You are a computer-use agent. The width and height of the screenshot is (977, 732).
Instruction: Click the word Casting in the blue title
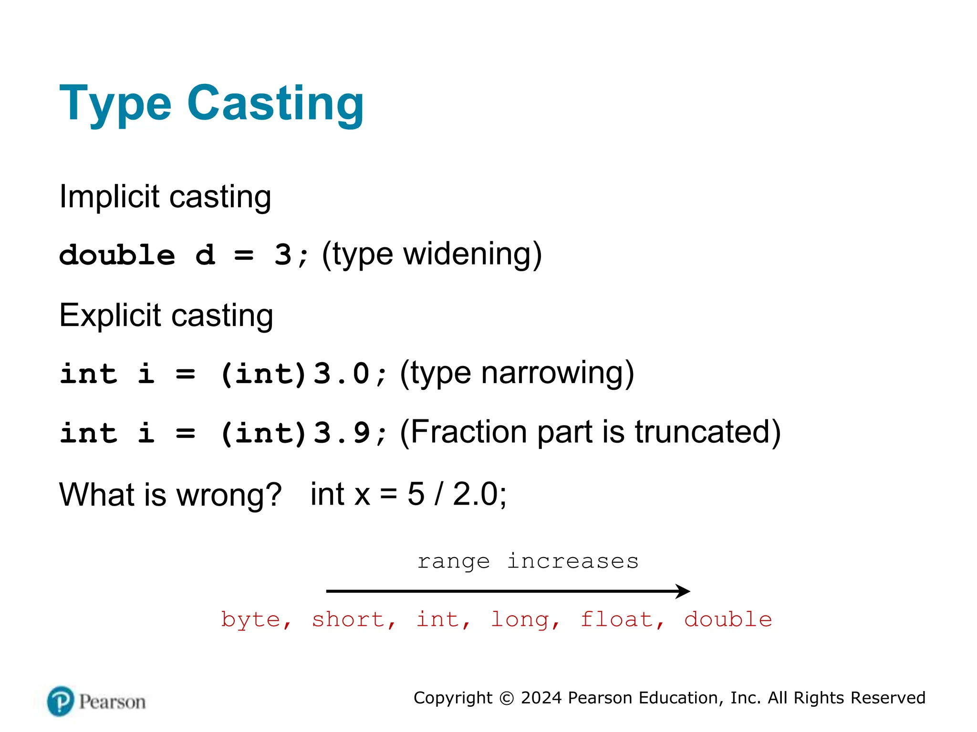[275, 103]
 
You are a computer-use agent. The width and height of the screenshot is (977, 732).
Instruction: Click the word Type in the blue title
[115, 104]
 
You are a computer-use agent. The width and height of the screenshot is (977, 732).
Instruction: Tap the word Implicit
[109, 196]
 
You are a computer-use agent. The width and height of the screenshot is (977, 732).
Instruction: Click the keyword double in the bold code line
[117, 255]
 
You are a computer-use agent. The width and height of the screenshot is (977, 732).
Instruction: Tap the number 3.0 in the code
[342, 374]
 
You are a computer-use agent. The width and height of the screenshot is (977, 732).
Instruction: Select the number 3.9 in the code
[342, 433]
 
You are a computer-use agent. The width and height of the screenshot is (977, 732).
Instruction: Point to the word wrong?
[229, 495]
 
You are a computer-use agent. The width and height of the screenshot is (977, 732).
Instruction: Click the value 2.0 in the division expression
[475, 494]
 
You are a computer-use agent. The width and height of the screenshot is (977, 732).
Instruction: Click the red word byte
[250, 620]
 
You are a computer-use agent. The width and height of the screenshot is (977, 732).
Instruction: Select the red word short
[348, 620]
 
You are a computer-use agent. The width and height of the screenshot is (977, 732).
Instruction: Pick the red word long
[520, 620]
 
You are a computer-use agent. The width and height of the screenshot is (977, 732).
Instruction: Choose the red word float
[616, 620]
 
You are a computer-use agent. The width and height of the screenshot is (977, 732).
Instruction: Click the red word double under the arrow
[728, 620]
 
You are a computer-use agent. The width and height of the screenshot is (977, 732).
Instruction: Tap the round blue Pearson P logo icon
[61, 701]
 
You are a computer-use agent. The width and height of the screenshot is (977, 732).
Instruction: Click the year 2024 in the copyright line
[541, 698]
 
